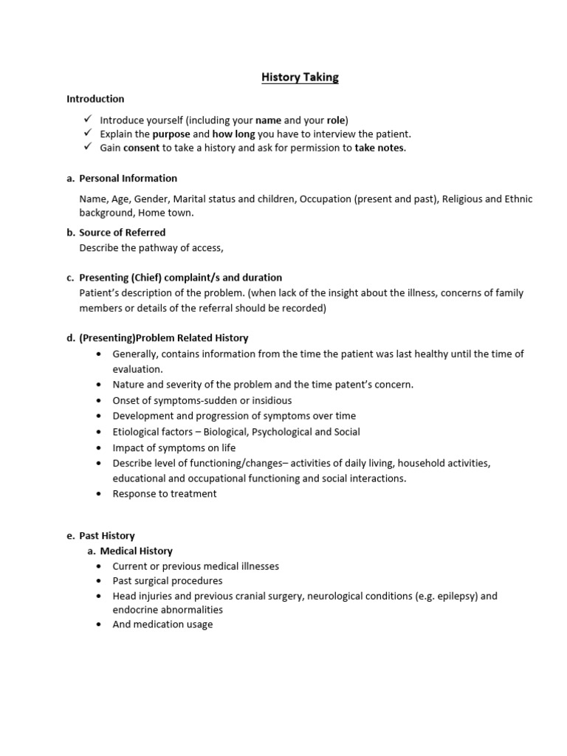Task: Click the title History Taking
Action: click(x=300, y=77)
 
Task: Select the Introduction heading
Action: click(x=95, y=99)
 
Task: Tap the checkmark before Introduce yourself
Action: click(x=87, y=120)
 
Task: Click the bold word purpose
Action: click(x=171, y=134)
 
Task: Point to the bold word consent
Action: click(x=141, y=148)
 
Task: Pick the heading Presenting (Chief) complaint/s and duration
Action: click(x=180, y=278)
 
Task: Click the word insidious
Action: click(x=268, y=400)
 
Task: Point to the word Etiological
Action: click(x=138, y=432)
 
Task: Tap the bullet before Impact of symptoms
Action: click(x=99, y=447)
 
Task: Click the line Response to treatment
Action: click(x=165, y=494)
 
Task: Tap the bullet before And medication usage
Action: click(x=99, y=625)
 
